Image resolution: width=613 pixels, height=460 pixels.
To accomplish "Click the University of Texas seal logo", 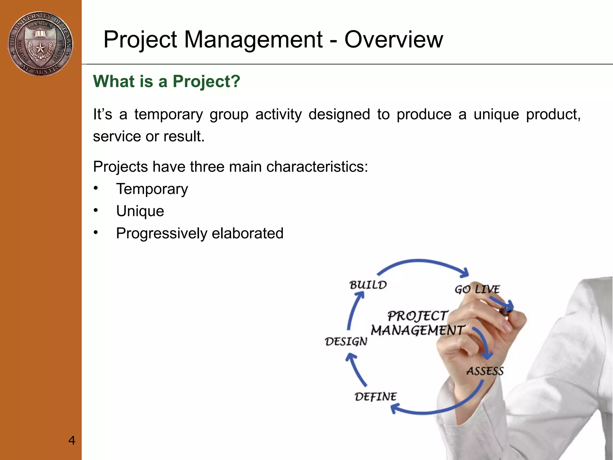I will (x=40, y=43).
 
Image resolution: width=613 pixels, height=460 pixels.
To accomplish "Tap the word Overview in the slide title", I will (x=393, y=40).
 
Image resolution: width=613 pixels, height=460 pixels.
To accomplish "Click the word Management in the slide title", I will (x=253, y=40).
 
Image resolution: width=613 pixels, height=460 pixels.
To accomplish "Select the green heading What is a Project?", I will (x=167, y=81).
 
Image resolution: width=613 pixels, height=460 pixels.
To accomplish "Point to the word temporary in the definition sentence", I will (x=169, y=115).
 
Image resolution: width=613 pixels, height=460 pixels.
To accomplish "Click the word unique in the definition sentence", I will (x=496, y=115).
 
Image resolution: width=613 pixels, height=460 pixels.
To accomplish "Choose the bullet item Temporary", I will (x=152, y=189).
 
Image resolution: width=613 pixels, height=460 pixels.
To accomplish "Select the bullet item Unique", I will (x=140, y=211).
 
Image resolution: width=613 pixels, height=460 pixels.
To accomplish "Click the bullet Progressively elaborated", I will (x=200, y=233).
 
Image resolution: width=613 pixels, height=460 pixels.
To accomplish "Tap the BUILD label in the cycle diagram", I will (x=368, y=285).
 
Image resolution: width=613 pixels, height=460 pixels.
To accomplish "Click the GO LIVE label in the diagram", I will (x=477, y=289).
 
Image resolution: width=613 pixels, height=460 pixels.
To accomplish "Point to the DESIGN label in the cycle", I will (x=346, y=341).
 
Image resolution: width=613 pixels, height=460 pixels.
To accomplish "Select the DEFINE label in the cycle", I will (x=375, y=397).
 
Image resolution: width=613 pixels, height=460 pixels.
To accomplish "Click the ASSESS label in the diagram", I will (x=485, y=371).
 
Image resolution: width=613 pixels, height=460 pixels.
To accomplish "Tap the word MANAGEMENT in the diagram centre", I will (x=417, y=331).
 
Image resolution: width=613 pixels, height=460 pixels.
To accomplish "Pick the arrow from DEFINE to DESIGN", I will (x=355, y=370).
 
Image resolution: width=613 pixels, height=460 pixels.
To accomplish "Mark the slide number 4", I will (x=72, y=440).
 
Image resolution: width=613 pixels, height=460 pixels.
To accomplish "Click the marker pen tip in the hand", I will (x=506, y=311).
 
